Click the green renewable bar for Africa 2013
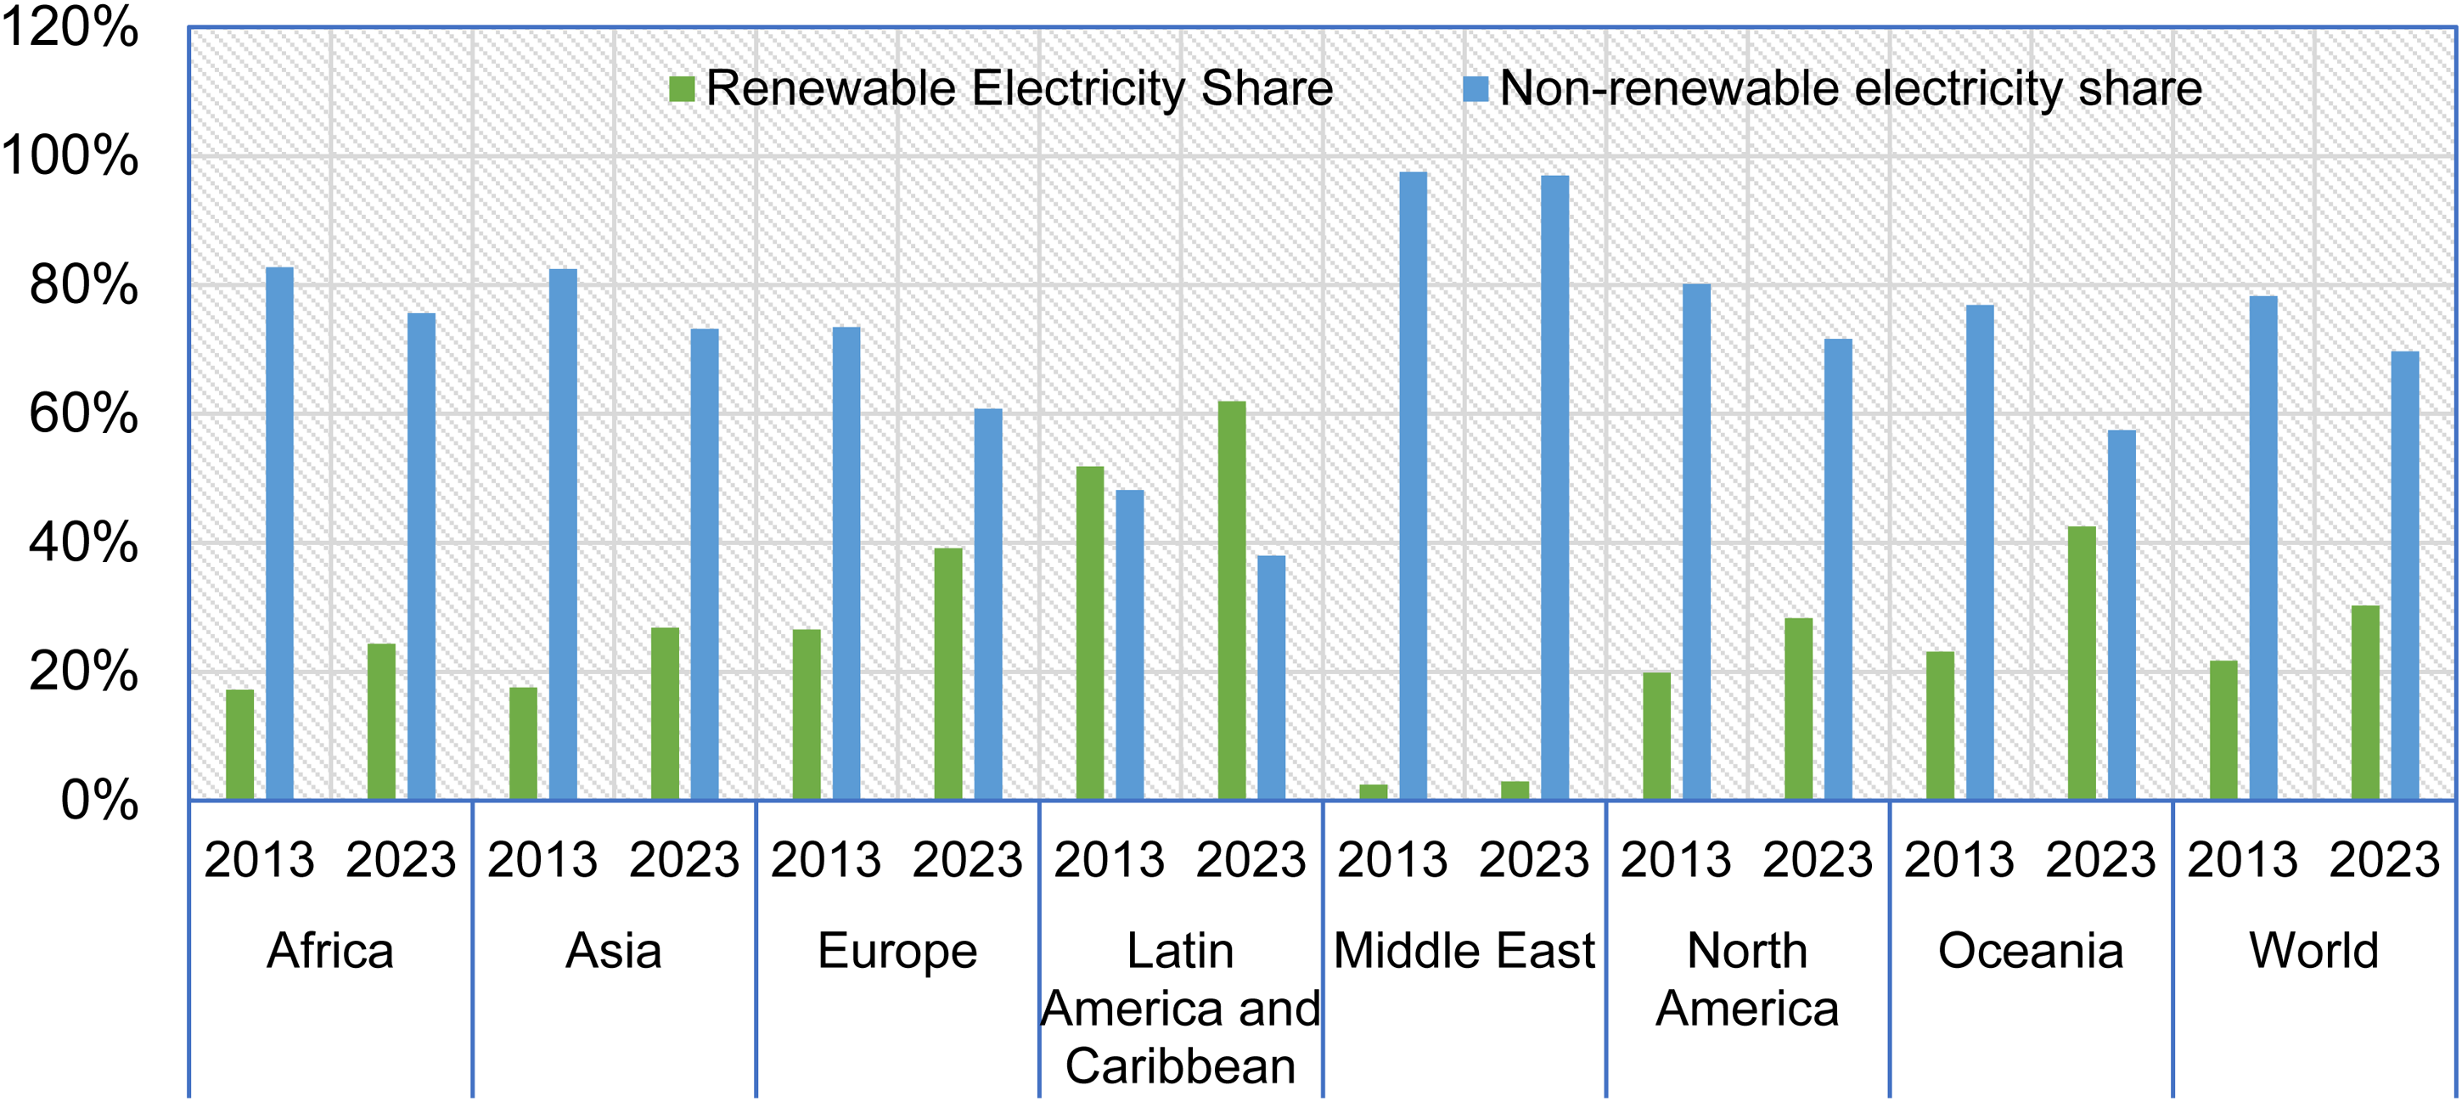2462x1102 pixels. pos(240,744)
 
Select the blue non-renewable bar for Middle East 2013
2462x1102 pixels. pos(1413,486)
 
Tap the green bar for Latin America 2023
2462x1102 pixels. pos(1232,600)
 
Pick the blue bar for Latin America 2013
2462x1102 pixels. pos(1130,644)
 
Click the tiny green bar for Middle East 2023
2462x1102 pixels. pos(1515,790)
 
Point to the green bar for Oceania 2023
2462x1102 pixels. pos(2082,662)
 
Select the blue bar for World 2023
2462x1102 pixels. pos(2404,576)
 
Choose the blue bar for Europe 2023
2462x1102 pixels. pos(988,604)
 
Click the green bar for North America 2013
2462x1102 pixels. pos(1657,736)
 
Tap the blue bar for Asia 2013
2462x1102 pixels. pos(563,534)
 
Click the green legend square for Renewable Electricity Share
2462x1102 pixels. pos(682,89)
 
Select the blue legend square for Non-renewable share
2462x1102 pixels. pos(1476,89)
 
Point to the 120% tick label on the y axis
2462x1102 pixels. pos(70,27)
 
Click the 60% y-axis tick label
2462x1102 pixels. pos(84,413)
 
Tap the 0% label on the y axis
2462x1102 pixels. pos(99,800)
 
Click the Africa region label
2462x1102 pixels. pos(329,950)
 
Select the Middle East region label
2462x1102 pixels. pos(1464,950)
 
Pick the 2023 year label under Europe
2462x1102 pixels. pos(967,859)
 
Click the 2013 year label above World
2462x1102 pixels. pos(2242,859)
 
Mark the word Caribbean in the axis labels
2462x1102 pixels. pos(1180,1065)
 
